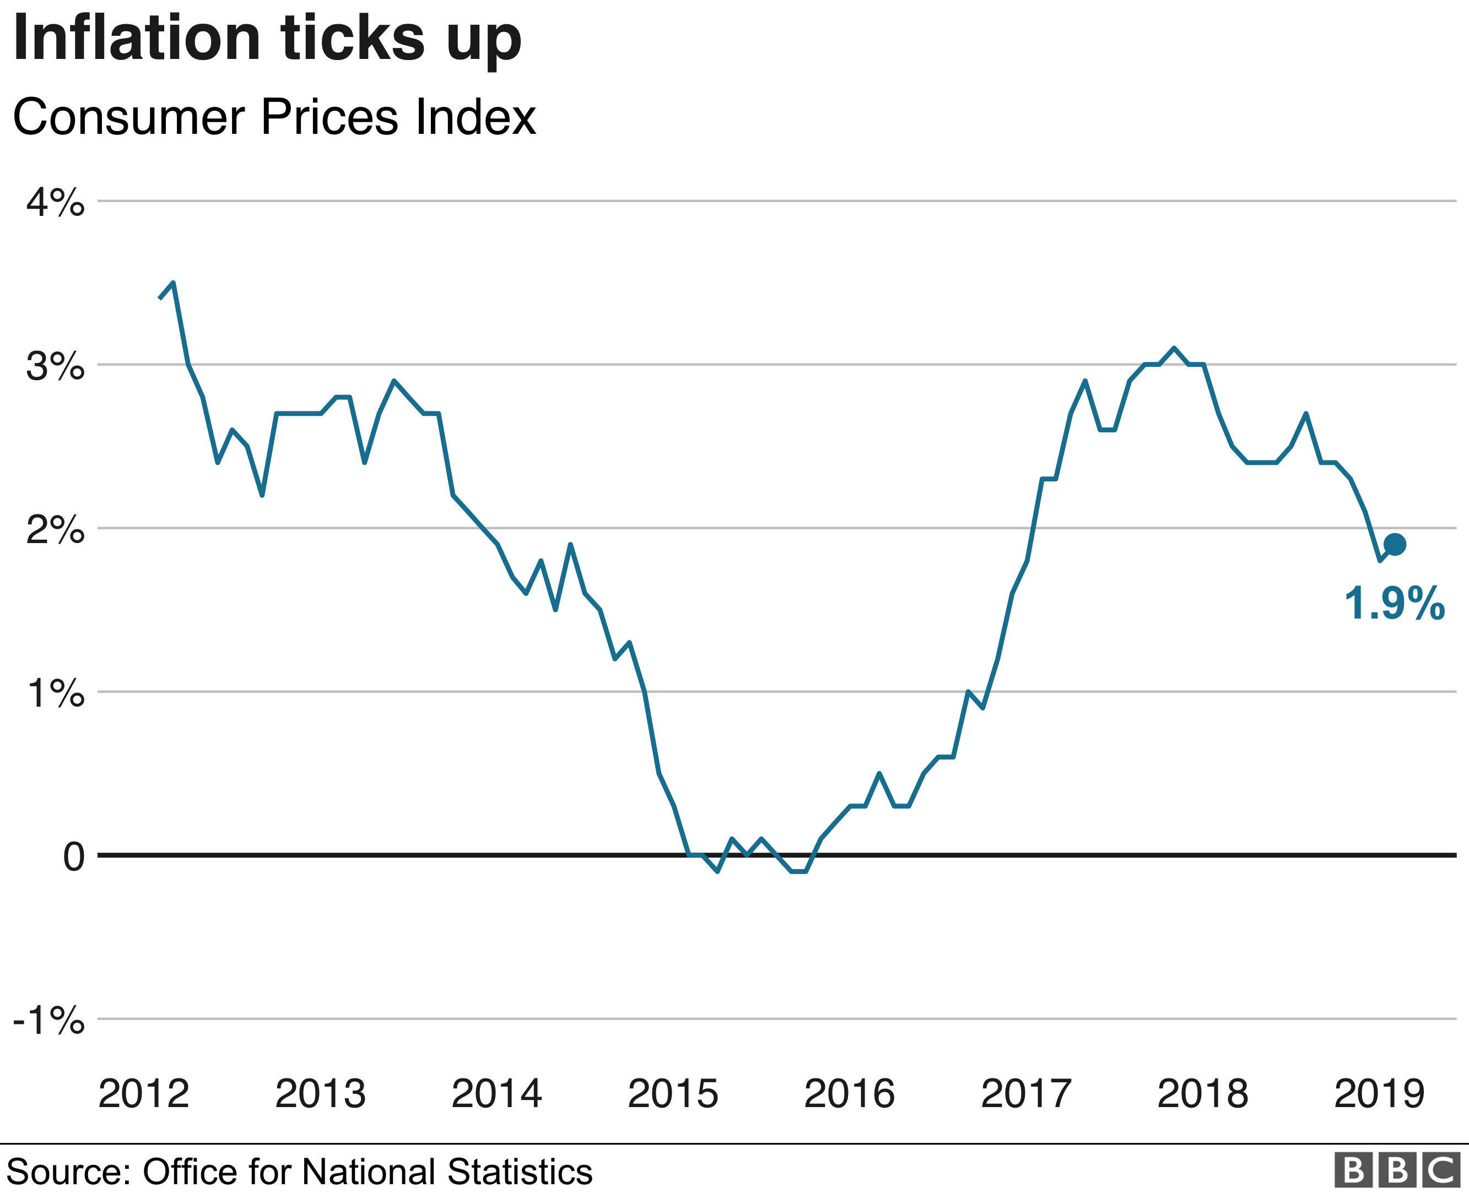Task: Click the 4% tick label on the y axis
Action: [56, 203]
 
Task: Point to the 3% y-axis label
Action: [56, 367]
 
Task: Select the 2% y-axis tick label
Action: [56, 530]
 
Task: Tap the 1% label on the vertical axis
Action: [56, 694]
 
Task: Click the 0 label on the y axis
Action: [73, 858]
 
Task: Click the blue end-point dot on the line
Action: [1395, 545]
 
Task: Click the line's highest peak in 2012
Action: [173, 283]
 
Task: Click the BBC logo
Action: [1397, 1171]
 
